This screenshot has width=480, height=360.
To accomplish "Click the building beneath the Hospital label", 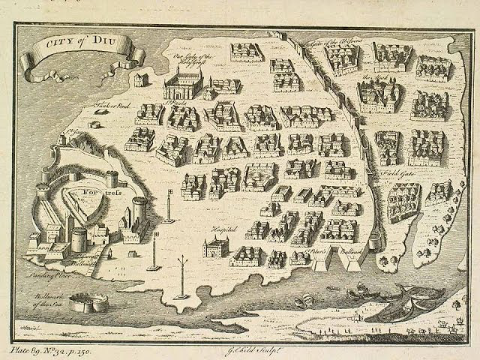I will tap(216, 246).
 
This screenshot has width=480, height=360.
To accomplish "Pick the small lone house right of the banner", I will tap(141, 77).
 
